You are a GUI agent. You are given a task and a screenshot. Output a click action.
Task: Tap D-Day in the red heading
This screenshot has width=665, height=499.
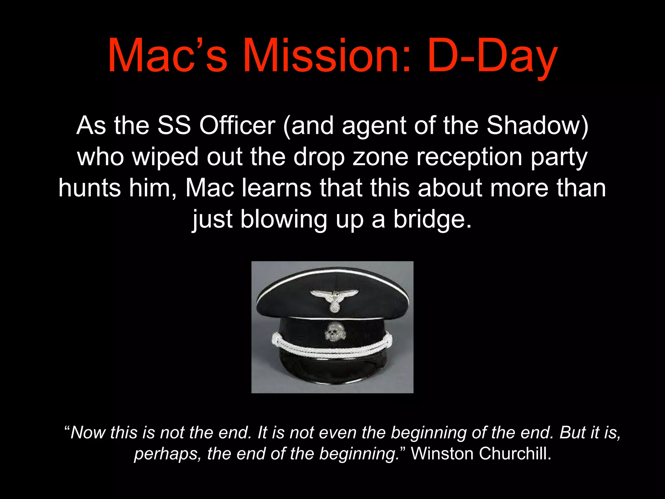point(492,56)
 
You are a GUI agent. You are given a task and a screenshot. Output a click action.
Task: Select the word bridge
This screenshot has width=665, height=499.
point(432,219)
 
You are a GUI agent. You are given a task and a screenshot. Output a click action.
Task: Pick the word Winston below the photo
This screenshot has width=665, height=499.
point(442,454)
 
